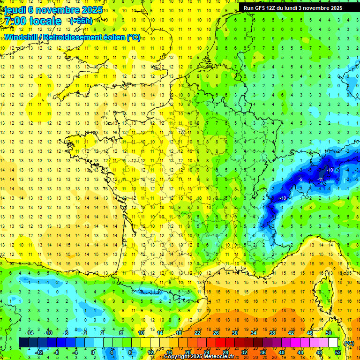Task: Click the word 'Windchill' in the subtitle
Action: pyautogui.click(x=22, y=37)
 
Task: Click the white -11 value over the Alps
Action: pyautogui.click(x=321, y=179)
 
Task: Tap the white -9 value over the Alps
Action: pyautogui.click(x=300, y=179)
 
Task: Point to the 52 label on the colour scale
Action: pyautogui.click(x=338, y=352)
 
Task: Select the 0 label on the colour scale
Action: pyautogui.click(x=93, y=352)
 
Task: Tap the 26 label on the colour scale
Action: pyautogui.click(x=216, y=332)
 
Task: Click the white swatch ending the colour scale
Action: pyautogui.click(x=333, y=343)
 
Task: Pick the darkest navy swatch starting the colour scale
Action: pyautogui.click(x=23, y=343)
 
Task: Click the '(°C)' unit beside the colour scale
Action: pyautogui.click(x=349, y=343)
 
